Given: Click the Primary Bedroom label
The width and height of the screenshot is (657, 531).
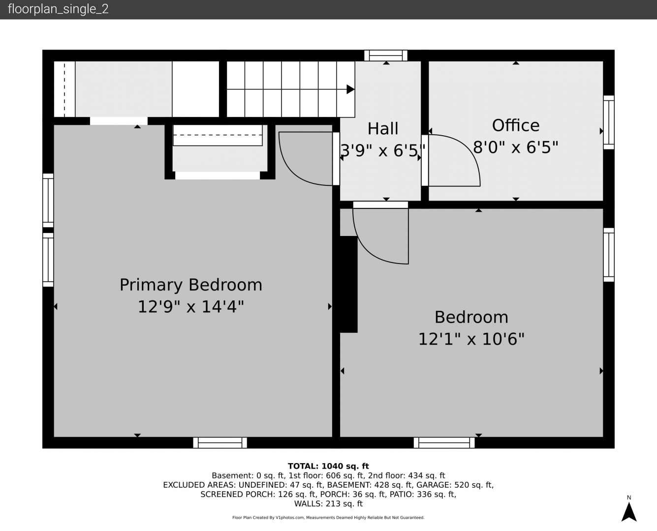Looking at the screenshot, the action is [191, 285].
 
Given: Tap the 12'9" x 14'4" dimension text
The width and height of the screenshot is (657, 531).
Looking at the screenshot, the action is [191, 307].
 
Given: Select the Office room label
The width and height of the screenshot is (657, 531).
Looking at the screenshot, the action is [516, 125].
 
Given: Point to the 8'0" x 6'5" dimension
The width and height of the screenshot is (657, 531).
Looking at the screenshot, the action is [516, 147].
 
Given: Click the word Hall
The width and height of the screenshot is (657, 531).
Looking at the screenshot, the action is [383, 128].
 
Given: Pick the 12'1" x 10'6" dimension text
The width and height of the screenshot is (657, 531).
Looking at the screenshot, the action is [471, 339].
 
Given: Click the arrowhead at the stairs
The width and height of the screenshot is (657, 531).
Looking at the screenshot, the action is [350, 89].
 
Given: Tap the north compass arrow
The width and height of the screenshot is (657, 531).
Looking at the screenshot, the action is [629, 512].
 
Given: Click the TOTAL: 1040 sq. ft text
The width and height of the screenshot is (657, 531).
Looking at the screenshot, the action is [328, 466].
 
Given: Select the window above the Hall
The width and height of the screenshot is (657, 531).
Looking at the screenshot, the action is [386, 56].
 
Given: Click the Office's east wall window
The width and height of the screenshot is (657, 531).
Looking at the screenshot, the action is [609, 122].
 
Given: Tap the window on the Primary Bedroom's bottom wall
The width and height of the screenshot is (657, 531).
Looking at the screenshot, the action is [220, 442].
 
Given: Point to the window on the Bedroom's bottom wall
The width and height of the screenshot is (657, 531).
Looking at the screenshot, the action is [444, 442].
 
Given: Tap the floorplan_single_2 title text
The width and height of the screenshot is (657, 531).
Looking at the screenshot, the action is [58, 9].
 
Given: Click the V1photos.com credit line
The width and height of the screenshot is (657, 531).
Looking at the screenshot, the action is [328, 517].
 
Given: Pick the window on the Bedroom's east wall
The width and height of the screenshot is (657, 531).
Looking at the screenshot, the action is [609, 255].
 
